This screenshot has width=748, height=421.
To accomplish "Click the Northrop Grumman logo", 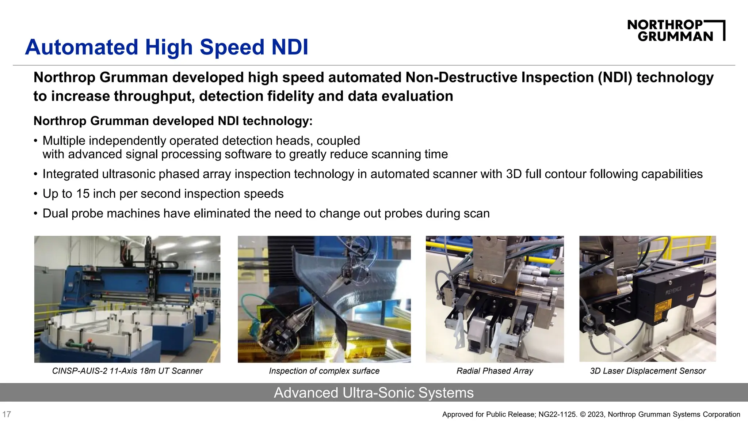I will pyautogui.click(x=676, y=31).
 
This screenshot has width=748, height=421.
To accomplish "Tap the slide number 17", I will pyautogui.click(x=7, y=414).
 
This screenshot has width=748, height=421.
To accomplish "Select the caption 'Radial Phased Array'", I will pyautogui.click(x=495, y=371).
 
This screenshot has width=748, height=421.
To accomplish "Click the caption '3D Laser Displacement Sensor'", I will pyautogui.click(x=648, y=371).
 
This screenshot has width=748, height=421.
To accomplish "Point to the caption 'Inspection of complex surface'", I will pyautogui.click(x=324, y=371).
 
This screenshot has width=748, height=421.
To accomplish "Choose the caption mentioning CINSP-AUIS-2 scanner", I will pyautogui.click(x=127, y=371).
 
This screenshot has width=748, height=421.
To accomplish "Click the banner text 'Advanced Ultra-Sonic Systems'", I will pyautogui.click(x=374, y=393).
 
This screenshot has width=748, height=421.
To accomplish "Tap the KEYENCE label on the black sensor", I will pyautogui.click(x=673, y=290).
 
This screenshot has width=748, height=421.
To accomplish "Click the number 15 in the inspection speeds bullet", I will pyautogui.click(x=83, y=194).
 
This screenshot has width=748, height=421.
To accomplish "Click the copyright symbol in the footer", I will pyautogui.click(x=583, y=414).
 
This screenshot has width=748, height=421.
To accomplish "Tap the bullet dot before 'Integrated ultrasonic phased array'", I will pyautogui.click(x=35, y=174).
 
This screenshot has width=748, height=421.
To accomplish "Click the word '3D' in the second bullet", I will pyautogui.click(x=514, y=174).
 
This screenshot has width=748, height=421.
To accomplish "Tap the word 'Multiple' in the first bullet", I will pyautogui.click(x=64, y=141).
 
